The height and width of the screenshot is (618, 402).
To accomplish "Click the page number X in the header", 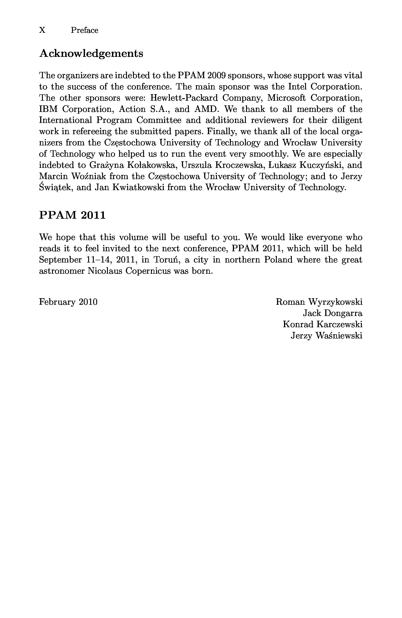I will pos(42,30).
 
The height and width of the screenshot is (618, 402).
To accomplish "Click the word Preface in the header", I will pos(85,30).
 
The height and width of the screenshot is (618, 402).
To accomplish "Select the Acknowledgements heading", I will pos(91,53).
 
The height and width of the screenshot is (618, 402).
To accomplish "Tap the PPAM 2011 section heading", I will pos(72,215).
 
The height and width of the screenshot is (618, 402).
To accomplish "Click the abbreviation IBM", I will pos(48,109).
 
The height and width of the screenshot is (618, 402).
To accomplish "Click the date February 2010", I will pos(68,302).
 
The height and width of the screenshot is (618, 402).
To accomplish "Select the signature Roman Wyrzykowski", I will pos(319,302).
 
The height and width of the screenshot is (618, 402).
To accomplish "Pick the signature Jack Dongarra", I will pos(332,313).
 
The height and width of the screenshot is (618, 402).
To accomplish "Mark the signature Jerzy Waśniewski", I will pos(326,336).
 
